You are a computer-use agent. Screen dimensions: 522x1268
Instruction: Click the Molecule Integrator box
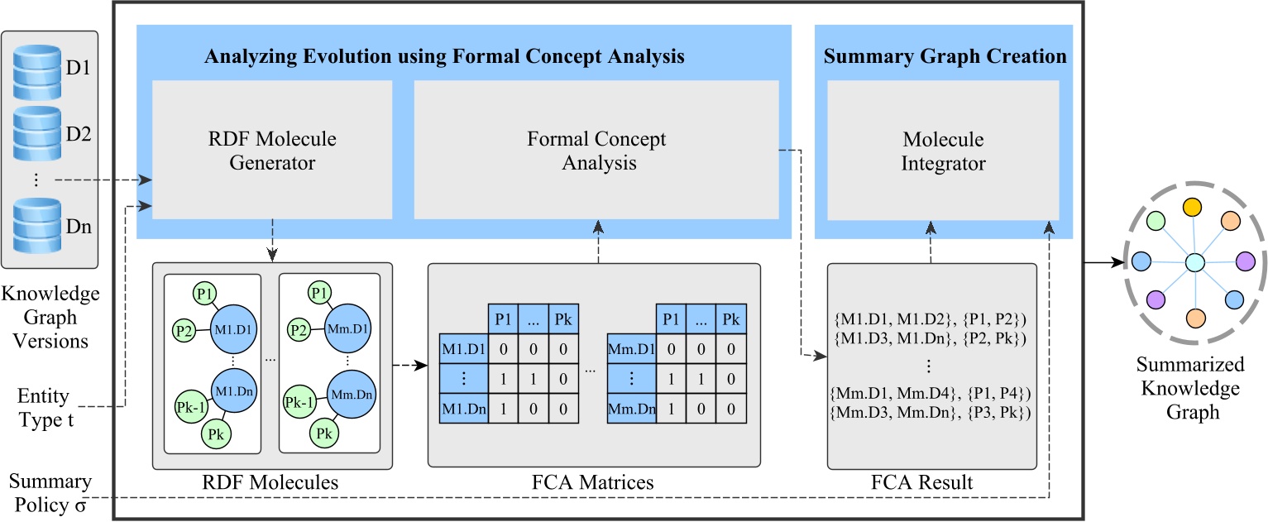pos(943,151)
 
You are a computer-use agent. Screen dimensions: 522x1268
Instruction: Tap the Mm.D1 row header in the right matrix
pos(632,349)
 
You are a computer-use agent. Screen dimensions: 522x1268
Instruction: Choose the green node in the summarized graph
pos(1156,222)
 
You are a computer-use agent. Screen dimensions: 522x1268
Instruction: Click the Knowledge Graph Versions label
pos(50,317)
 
